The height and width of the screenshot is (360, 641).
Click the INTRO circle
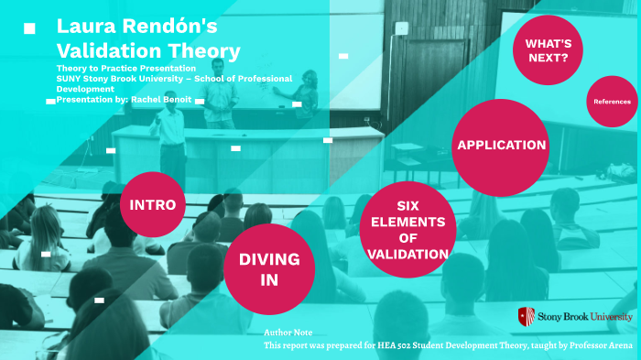153,203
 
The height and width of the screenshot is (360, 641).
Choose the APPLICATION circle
501,146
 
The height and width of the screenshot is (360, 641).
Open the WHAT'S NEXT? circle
548,49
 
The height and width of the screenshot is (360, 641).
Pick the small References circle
612,102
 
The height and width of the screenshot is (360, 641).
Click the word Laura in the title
87,26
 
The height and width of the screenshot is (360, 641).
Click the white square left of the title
29,28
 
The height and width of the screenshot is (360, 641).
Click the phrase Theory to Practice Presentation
126,69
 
